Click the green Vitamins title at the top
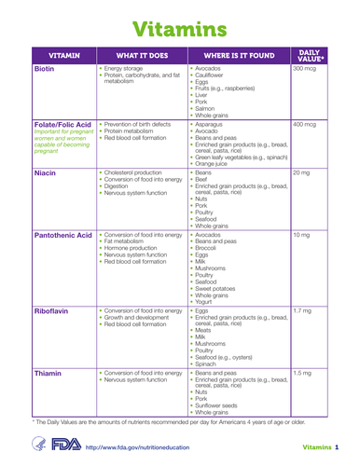(179, 23)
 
